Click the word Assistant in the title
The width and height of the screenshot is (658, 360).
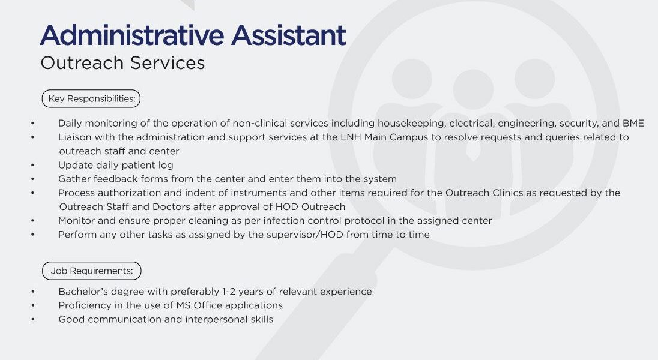point(289,35)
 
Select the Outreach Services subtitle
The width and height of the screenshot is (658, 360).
point(122,63)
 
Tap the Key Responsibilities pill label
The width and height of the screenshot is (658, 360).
point(91,98)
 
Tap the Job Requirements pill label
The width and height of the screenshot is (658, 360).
point(92,271)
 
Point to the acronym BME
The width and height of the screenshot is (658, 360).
point(633,124)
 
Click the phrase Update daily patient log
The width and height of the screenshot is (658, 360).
point(116,165)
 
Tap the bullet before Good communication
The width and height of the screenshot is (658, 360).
point(33,320)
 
